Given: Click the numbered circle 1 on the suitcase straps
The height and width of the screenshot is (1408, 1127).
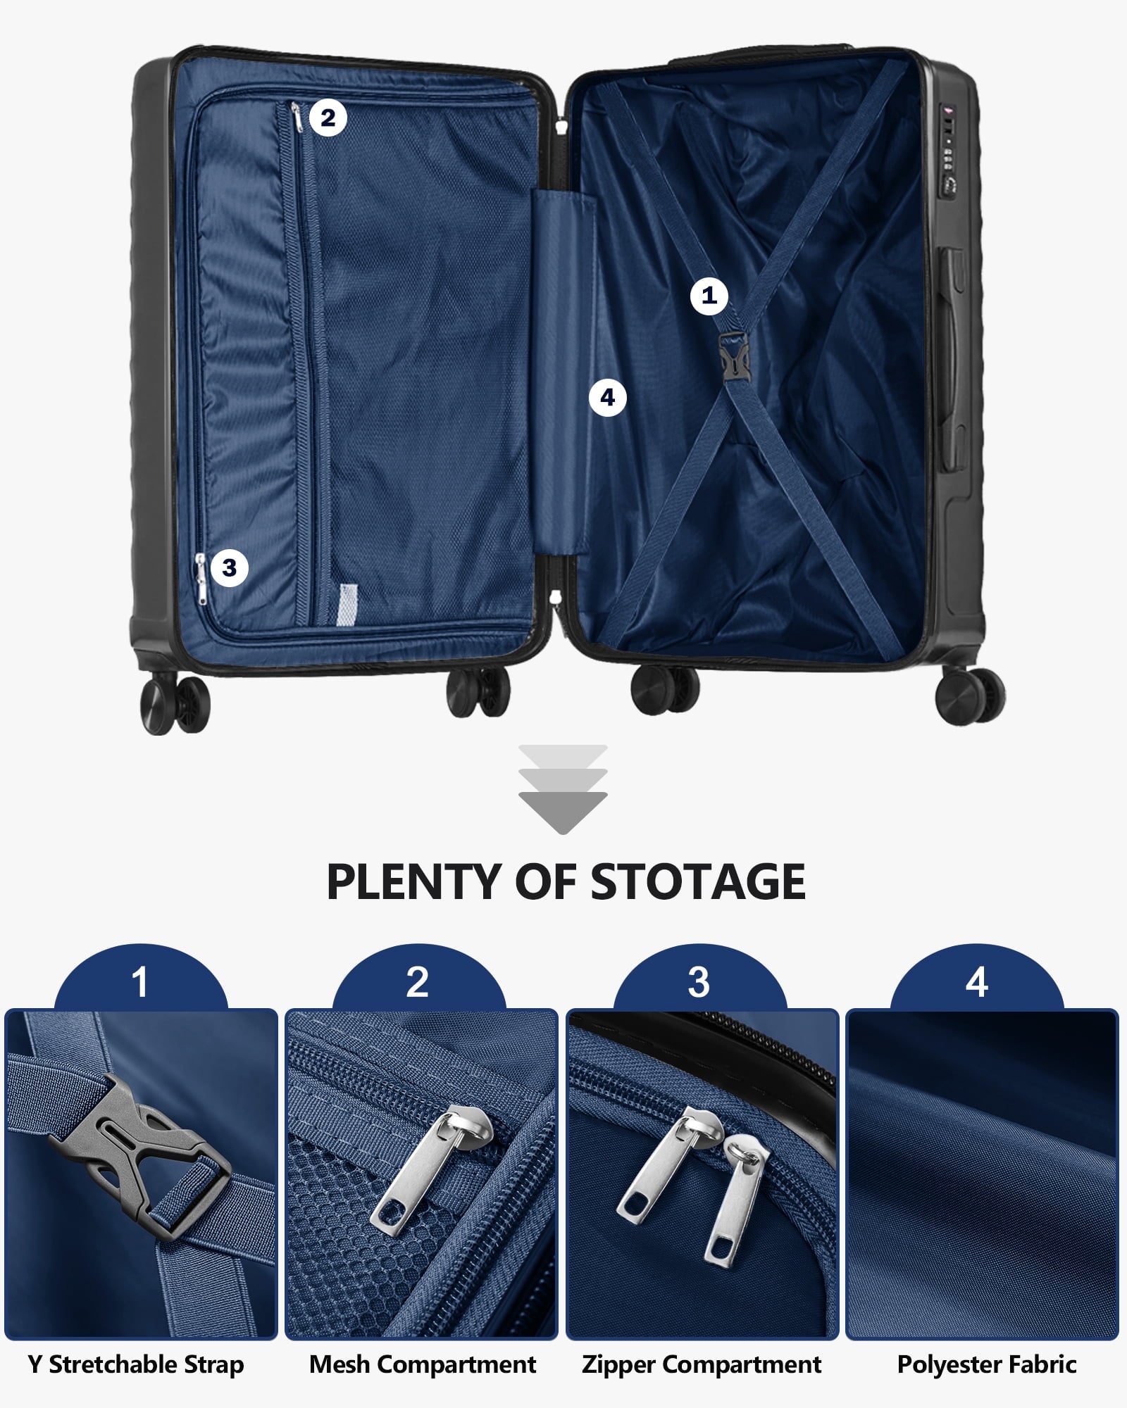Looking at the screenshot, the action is click(709, 296).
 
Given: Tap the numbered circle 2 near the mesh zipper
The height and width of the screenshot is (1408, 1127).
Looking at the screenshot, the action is click(328, 118).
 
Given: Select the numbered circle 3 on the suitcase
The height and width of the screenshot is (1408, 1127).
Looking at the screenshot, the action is click(229, 567).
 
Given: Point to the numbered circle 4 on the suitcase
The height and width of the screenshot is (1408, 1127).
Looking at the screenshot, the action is click(608, 398).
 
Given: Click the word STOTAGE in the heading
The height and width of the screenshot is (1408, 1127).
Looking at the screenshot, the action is click(697, 881).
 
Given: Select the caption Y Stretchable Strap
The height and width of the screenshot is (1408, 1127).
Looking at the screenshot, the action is click(136, 1364).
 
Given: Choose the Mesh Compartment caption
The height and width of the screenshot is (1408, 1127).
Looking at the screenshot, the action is click(423, 1364).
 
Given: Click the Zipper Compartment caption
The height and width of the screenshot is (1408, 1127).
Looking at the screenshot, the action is click(702, 1364).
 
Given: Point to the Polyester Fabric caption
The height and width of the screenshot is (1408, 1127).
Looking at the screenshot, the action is click(987, 1364).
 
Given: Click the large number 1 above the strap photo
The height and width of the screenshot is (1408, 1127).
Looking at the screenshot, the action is click(139, 981).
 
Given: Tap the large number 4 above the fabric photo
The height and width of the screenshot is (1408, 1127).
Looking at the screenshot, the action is click(977, 981).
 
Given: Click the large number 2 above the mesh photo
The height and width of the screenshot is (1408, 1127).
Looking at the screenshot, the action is click(418, 981).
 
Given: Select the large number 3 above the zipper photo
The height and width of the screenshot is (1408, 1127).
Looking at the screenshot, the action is click(698, 981).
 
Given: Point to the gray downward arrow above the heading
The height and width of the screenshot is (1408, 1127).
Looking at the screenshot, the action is click(563, 789).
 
